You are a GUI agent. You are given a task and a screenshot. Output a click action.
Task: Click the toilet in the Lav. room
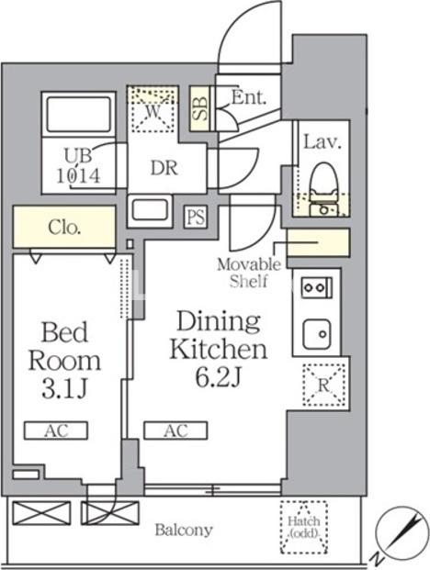[x=322, y=189]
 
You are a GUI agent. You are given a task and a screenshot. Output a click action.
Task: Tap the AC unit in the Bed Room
[x=56, y=430]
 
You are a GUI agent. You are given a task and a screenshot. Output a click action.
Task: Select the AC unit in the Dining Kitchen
[x=175, y=430]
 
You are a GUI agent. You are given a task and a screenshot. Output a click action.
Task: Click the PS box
[x=196, y=218]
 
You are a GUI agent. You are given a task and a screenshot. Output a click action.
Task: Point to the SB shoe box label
[x=199, y=108]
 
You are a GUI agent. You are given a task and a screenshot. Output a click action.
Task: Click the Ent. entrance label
[x=249, y=97]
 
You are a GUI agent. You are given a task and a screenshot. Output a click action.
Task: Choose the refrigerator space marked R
[x=323, y=385]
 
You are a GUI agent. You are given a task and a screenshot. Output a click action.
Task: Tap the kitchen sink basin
[x=316, y=334]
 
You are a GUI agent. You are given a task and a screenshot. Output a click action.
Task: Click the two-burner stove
[x=316, y=287]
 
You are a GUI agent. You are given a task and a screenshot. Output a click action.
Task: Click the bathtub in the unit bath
[x=79, y=115]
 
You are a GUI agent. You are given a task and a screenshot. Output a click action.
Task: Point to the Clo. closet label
[x=64, y=228]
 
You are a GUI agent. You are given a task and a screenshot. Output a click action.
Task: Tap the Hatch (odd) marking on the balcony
[x=304, y=527]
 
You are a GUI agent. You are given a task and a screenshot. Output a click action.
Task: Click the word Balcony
[x=184, y=531]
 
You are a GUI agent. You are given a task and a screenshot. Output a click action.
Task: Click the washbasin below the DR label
[x=150, y=211]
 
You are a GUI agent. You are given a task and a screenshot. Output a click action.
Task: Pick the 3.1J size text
[x=64, y=389]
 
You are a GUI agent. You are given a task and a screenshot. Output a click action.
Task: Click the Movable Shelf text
[x=249, y=273]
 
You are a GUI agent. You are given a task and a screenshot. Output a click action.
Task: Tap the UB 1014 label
[x=78, y=166]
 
